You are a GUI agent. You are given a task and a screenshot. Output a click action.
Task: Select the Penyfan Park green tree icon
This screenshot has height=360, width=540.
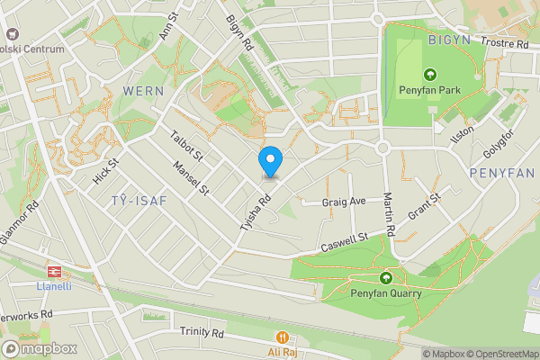tap(429, 75)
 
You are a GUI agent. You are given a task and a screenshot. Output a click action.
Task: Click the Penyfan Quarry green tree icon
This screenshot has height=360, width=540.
tap(386, 278)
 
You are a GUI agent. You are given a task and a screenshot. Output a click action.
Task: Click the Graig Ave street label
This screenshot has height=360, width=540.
tap(345, 202)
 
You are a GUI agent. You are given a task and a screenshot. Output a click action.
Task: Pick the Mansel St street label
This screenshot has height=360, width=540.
tap(191, 177)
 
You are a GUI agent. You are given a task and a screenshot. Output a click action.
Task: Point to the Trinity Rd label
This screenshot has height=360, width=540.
tap(201, 332)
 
